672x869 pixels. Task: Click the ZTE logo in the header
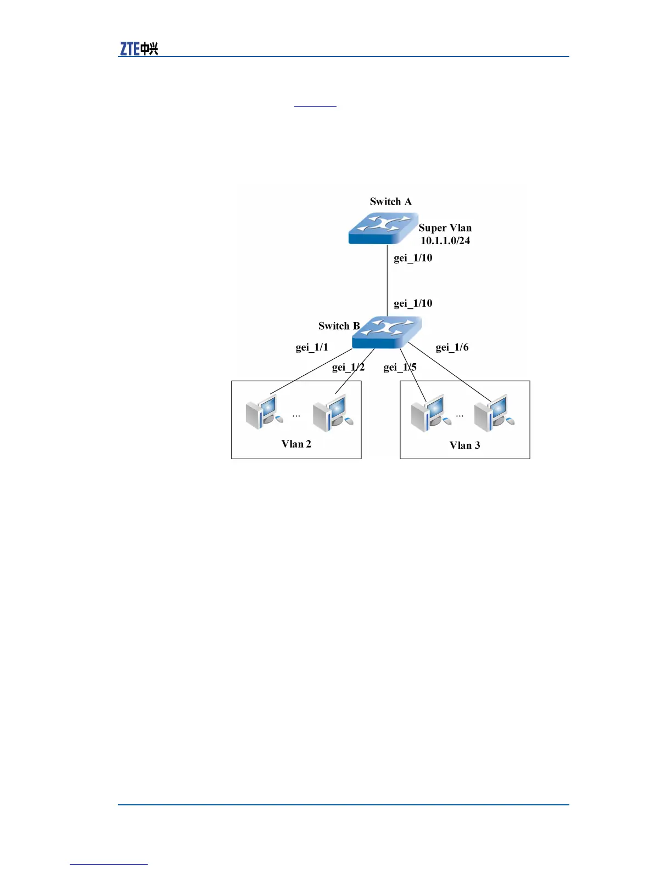click(139, 49)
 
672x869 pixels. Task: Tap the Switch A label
click(390, 201)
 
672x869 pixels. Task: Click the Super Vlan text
click(445, 228)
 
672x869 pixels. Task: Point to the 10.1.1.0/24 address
click(445, 241)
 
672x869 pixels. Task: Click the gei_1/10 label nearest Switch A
click(413, 258)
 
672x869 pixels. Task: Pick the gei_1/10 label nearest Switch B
click(413, 303)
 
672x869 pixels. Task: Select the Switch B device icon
click(387, 332)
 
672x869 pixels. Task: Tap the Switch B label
click(339, 326)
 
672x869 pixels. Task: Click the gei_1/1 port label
click(311, 347)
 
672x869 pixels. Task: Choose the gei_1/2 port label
click(348, 367)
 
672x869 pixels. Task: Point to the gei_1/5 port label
click(400, 367)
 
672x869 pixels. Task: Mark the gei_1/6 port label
click(452, 347)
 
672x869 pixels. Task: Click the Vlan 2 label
click(296, 444)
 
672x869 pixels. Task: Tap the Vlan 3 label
click(464, 445)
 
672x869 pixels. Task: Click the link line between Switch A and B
click(388, 280)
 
